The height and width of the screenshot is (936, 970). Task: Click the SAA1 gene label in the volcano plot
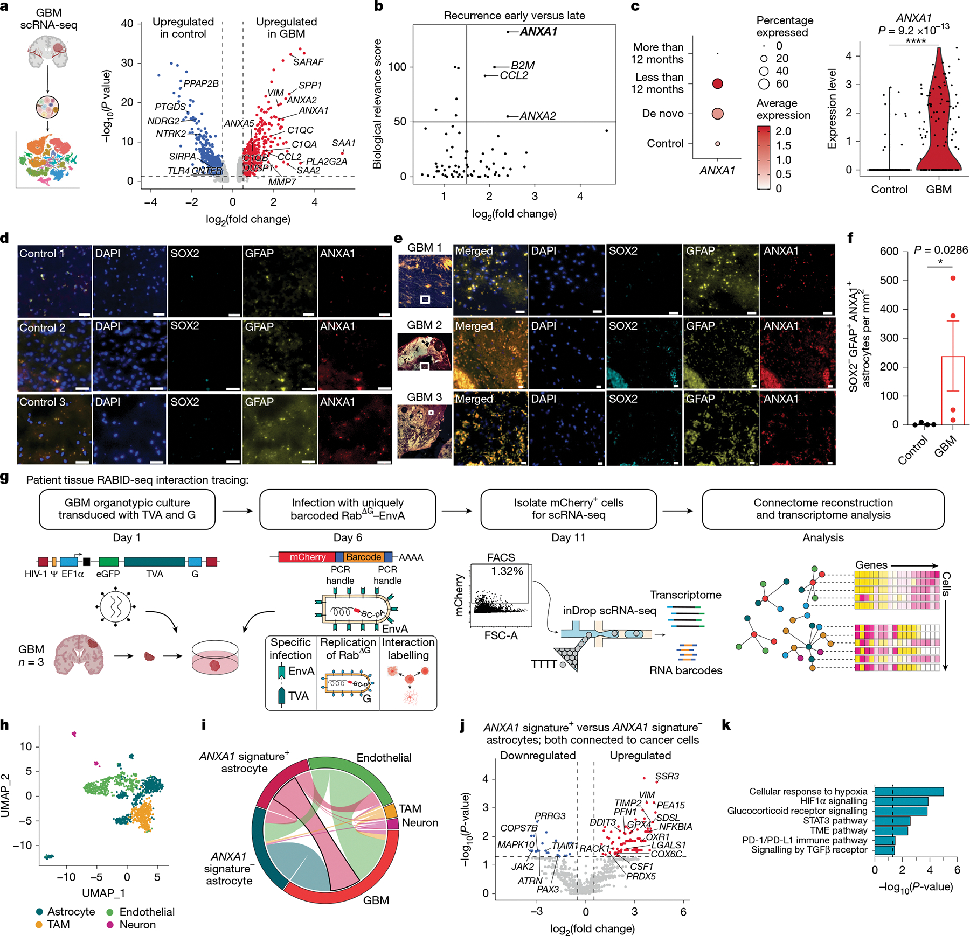point(343,143)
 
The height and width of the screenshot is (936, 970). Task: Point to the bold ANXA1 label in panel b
point(538,32)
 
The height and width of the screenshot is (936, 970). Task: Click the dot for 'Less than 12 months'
point(717,83)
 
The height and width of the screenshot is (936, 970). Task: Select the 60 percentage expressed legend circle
point(764,84)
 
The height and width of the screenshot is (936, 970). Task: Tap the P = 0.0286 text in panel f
point(941,250)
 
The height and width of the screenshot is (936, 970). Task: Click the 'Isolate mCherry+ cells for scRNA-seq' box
point(569,509)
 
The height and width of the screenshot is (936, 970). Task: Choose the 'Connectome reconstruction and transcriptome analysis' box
point(823,509)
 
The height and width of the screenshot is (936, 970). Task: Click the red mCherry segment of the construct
point(307,557)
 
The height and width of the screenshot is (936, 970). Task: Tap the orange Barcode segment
point(363,557)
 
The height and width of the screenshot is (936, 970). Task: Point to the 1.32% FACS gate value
point(507,571)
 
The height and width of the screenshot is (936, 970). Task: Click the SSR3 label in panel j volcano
point(667,776)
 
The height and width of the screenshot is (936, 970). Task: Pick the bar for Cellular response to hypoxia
point(909,791)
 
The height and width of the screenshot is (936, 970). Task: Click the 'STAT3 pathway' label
point(835,820)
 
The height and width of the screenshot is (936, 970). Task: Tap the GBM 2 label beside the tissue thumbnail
point(424,325)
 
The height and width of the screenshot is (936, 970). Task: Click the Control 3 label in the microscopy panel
point(42,402)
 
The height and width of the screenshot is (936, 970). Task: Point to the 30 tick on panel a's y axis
point(127,63)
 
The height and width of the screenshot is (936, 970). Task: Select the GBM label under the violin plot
point(938,190)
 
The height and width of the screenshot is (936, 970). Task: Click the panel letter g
point(5,478)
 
